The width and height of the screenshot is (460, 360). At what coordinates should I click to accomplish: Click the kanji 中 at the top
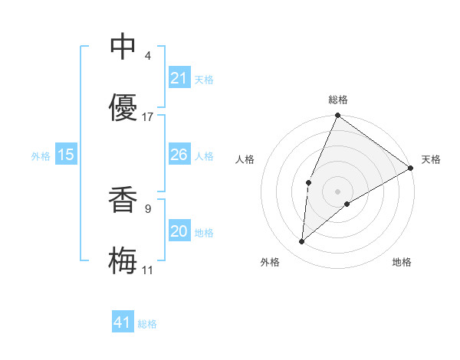(x=123, y=47)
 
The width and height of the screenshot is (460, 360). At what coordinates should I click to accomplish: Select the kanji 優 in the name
(x=123, y=107)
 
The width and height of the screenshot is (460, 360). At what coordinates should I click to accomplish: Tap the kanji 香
(x=123, y=199)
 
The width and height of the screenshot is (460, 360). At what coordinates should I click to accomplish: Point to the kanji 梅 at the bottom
(x=123, y=260)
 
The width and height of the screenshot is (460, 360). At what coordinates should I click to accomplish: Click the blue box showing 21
(x=179, y=78)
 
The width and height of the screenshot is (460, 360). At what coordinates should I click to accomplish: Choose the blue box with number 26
(x=179, y=155)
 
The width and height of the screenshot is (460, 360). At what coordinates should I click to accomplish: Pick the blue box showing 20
(x=179, y=231)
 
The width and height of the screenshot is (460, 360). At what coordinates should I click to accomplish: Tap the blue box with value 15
(x=66, y=155)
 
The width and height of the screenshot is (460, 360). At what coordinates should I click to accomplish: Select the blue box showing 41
(x=123, y=322)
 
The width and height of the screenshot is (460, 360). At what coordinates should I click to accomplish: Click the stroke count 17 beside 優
(x=148, y=117)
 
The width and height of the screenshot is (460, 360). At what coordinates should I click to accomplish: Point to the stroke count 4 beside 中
(x=148, y=56)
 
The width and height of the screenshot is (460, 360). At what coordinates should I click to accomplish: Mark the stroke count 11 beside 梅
(x=148, y=270)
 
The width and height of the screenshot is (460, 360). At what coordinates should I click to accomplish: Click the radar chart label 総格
(x=338, y=100)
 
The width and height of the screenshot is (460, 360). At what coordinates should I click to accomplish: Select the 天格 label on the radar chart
(x=431, y=159)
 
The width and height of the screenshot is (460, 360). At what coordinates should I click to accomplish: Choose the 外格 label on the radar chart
(x=270, y=262)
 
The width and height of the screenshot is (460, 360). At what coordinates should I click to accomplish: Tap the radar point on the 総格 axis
(x=337, y=116)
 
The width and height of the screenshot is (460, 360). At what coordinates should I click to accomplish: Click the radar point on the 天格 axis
(x=411, y=168)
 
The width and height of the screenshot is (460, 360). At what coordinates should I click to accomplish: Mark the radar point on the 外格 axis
(x=302, y=241)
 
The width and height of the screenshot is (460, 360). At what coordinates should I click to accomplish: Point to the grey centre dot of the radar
(x=337, y=191)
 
